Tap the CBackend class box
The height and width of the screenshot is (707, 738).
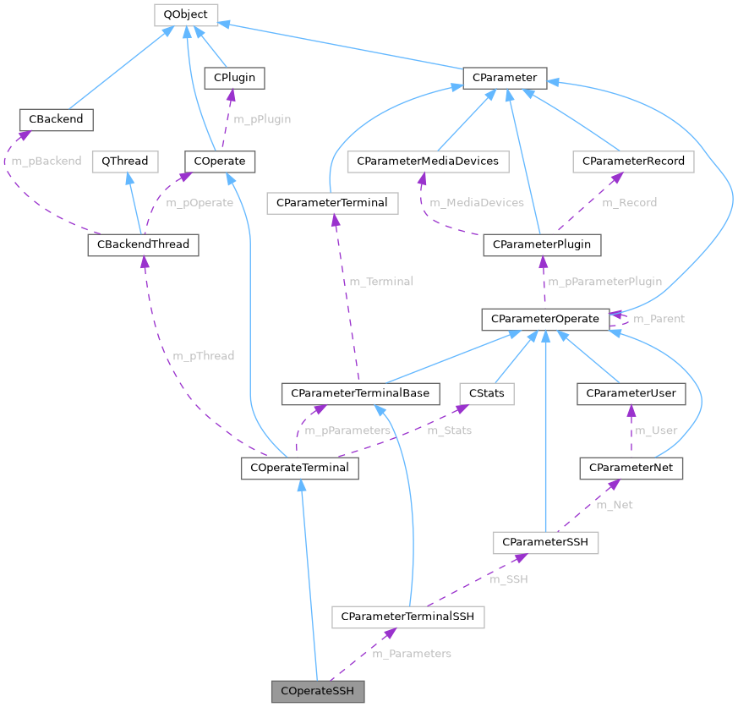tap(56, 119)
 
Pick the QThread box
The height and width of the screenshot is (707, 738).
tap(124, 161)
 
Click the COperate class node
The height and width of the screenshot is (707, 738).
tap(220, 161)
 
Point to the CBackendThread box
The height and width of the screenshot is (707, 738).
tap(144, 245)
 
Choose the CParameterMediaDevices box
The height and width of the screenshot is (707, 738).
tap(428, 161)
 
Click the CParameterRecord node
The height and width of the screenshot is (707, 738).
tap(633, 161)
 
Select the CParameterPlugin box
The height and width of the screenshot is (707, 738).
tap(542, 245)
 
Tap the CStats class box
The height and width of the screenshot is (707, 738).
tap(486, 393)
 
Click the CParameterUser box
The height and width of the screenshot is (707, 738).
tap(631, 393)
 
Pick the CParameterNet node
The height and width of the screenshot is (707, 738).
tap(631, 467)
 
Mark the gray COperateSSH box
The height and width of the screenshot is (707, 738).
tap(318, 692)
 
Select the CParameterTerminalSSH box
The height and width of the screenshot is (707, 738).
tap(407, 617)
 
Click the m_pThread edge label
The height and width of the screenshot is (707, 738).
tap(203, 356)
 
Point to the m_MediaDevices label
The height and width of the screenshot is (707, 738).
tap(476, 203)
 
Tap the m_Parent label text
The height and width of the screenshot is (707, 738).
tap(659, 319)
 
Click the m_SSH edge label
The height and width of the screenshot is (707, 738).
tap(509, 579)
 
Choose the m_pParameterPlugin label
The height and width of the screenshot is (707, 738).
tap(604, 282)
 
